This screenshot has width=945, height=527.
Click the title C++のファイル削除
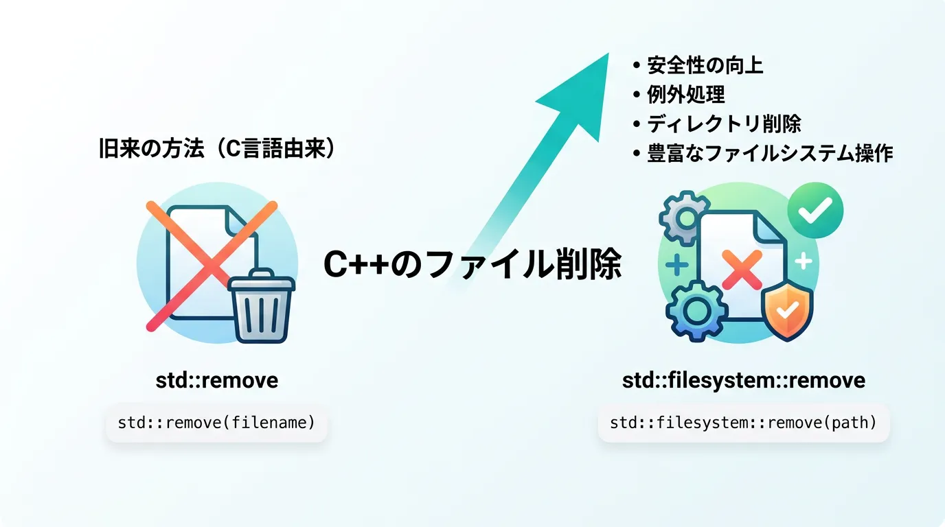[x=473, y=264]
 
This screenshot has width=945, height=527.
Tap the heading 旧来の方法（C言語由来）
[x=217, y=148]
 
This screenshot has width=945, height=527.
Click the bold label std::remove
[x=217, y=380]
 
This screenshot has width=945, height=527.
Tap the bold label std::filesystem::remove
[x=744, y=380]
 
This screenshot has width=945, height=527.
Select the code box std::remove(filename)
[x=216, y=423]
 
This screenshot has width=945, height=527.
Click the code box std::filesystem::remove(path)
[x=744, y=423]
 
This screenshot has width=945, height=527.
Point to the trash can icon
[x=262, y=305]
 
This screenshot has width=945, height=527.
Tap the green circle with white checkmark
[x=815, y=210]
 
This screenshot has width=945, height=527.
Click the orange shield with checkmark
[x=787, y=310]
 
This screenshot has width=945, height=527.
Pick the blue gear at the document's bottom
[x=696, y=311]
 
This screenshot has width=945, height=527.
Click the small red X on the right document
[x=742, y=269]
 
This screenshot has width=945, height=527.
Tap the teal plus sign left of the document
[x=676, y=265]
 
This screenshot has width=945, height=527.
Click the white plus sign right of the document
[x=804, y=261]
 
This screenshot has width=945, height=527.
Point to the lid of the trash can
[x=262, y=280]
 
